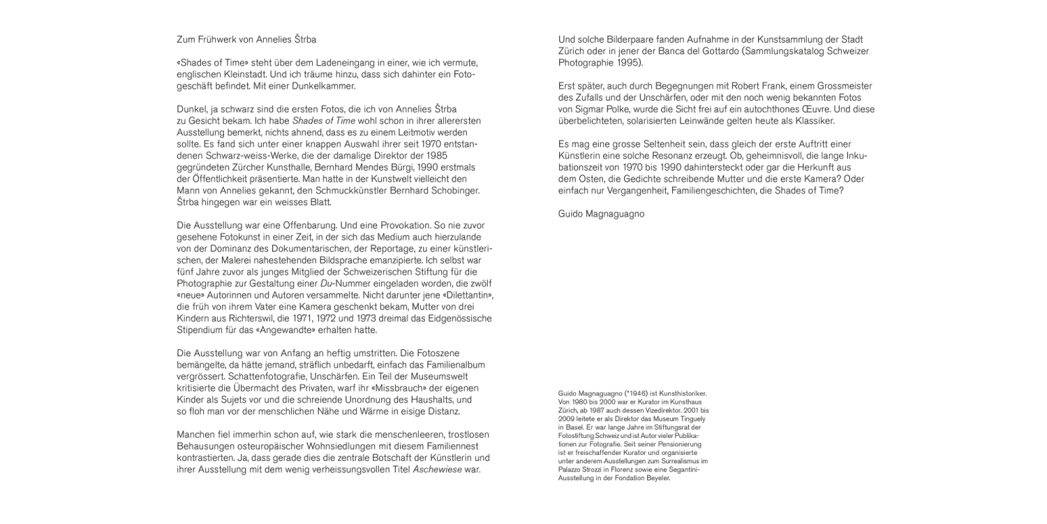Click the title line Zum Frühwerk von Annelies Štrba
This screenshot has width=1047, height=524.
[246, 39]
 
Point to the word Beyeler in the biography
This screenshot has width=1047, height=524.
[656, 479]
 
